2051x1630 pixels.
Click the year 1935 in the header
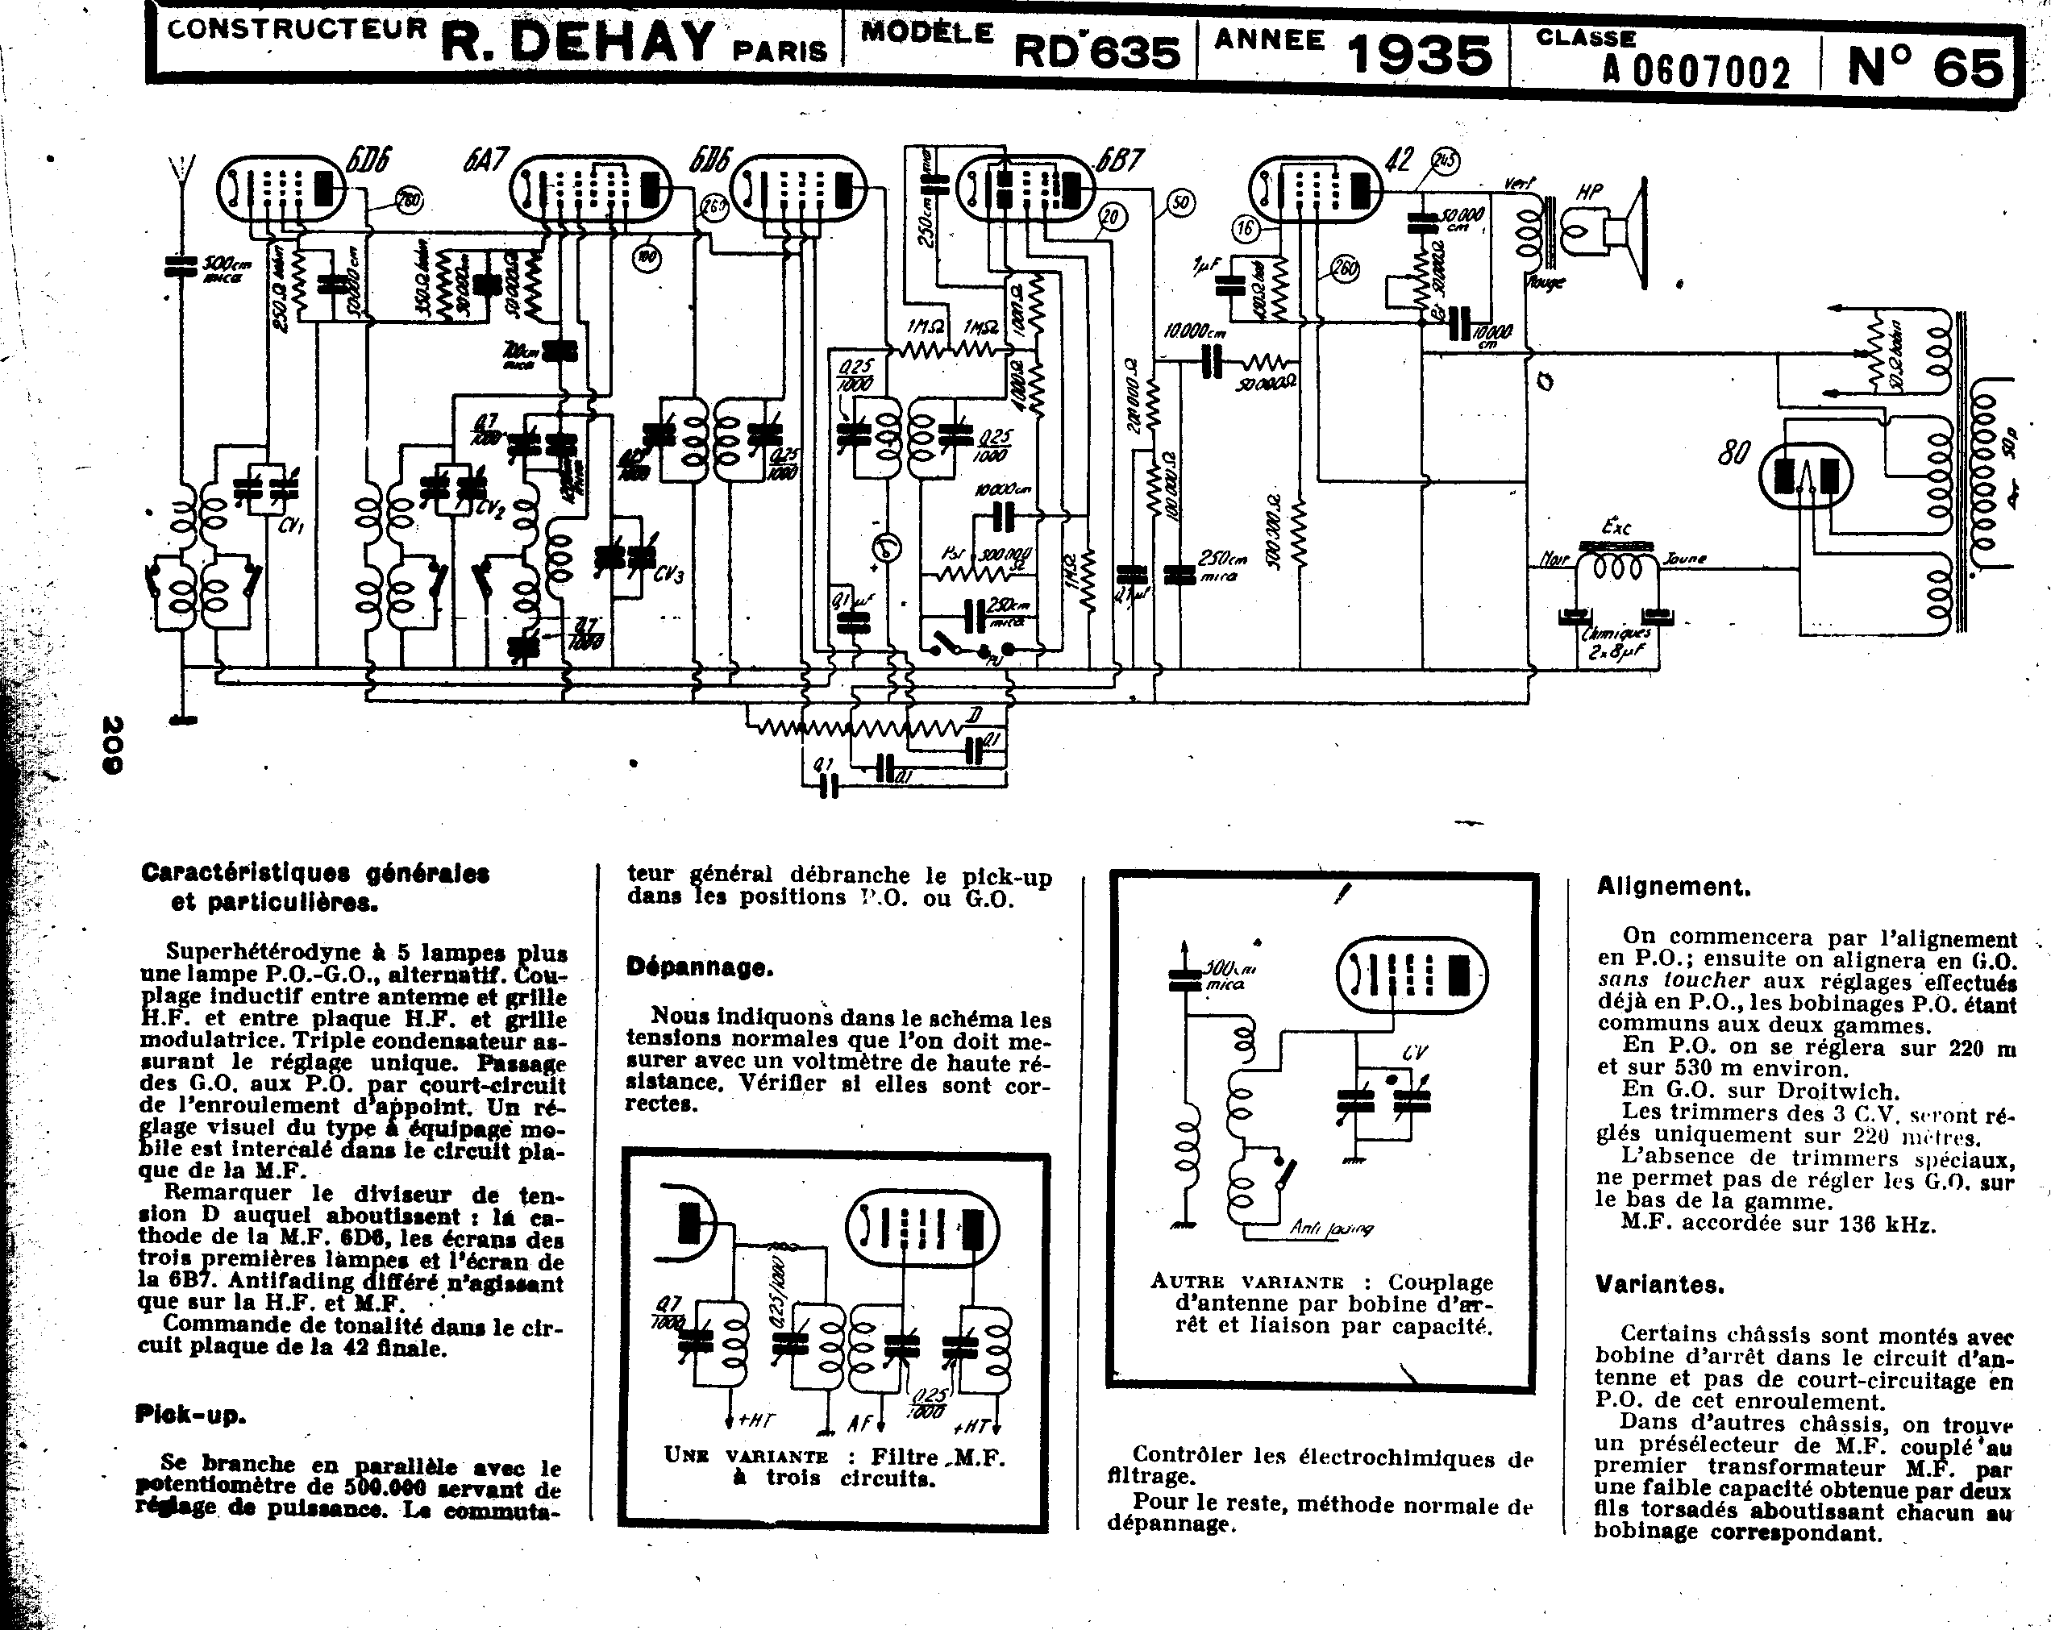click(1420, 54)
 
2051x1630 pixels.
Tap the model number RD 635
click(1096, 52)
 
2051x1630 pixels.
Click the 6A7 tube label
click(486, 159)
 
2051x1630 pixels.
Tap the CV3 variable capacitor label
click(669, 575)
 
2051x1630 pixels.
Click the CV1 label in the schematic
click(290, 523)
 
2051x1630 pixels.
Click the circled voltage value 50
click(1180, 202)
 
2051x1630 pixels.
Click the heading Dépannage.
click(699, 967)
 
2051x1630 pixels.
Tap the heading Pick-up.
click(190, 1414)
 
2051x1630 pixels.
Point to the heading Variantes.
click(1659, 1284)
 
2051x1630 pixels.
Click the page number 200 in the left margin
click(113, 744)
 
